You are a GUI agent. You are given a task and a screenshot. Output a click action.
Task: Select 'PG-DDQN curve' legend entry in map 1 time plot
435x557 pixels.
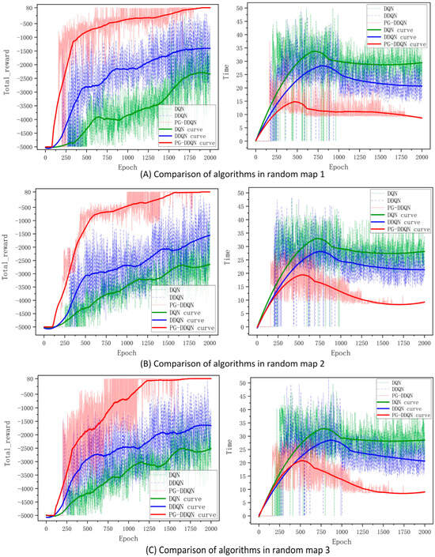click(406, 45)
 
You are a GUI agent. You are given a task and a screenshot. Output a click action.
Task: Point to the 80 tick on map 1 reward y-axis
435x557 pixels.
click(28, 9)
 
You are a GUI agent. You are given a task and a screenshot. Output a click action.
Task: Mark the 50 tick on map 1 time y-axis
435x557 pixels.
click(247, 8)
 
